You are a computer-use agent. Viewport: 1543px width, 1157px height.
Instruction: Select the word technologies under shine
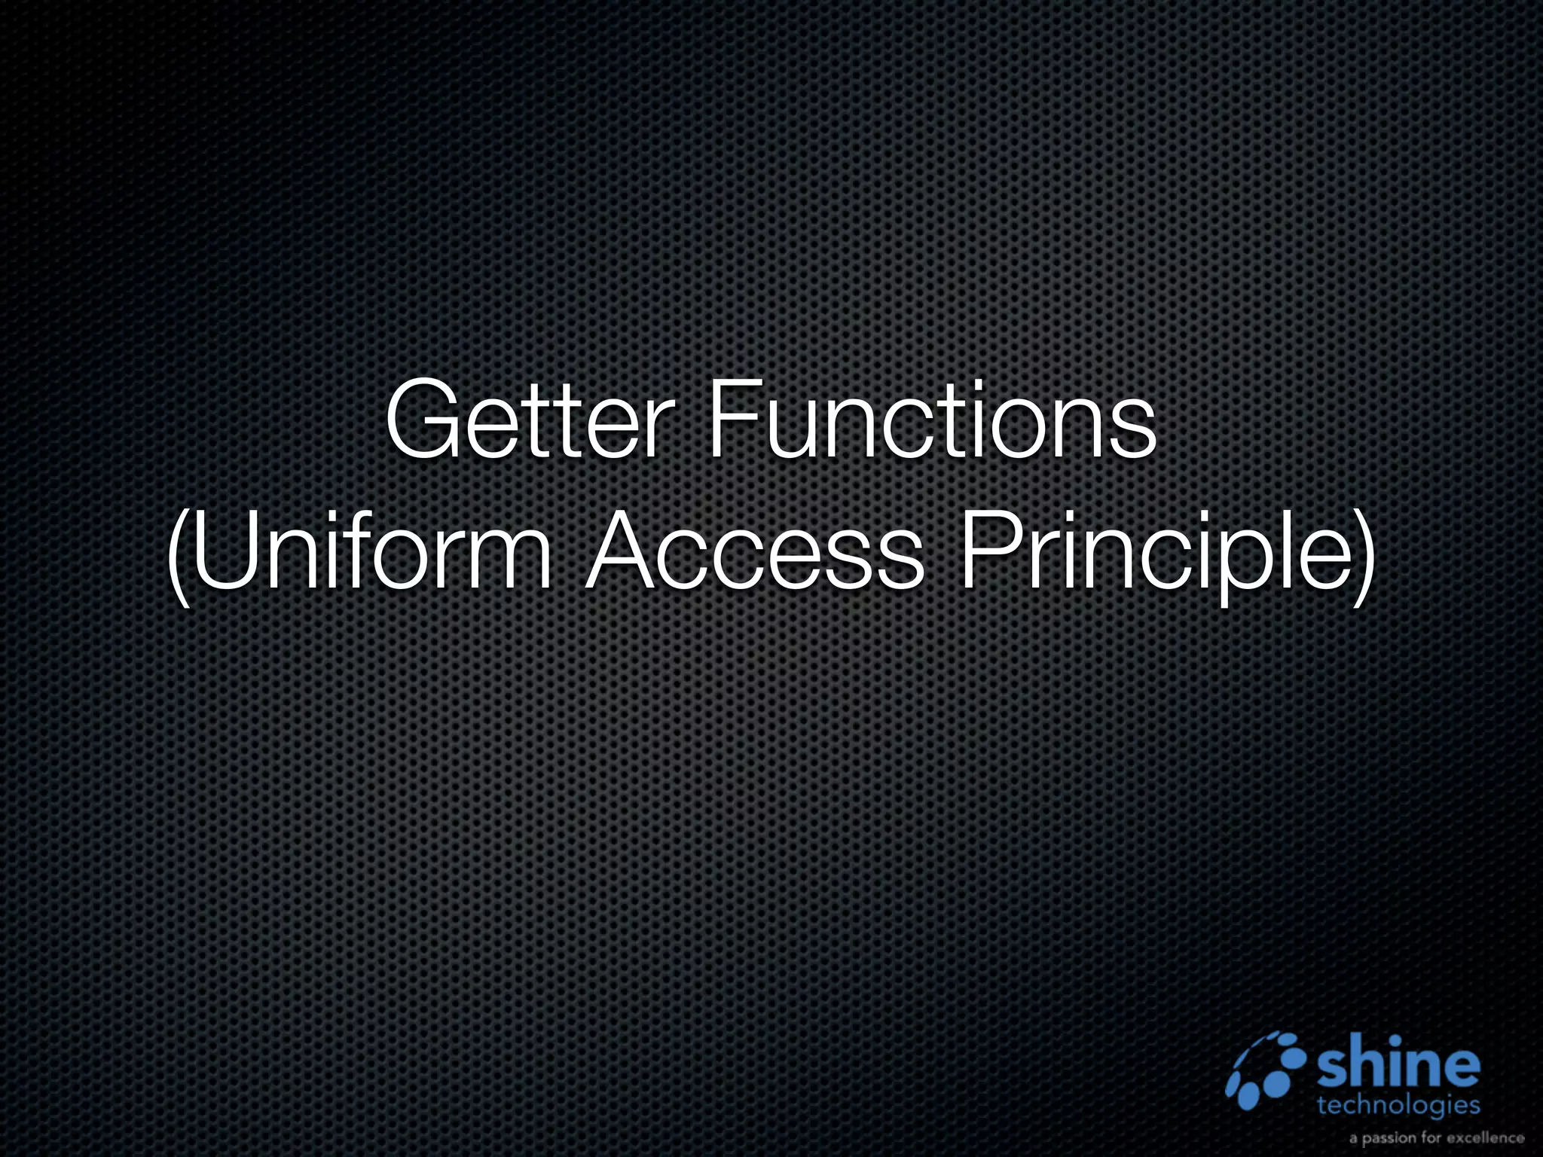[1398, 1107]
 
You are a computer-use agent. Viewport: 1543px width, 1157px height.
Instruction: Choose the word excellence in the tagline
[1486, 1138]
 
